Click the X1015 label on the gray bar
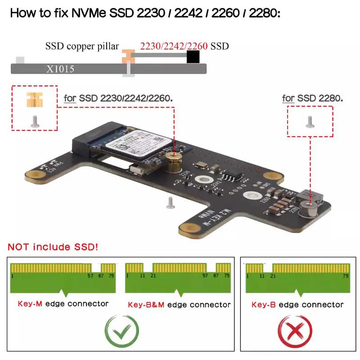[x=60, y=69]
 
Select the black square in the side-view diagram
[x=193, y=57]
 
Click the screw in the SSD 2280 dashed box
[x=310, y=121]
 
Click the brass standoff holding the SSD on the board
[x=173, y=160]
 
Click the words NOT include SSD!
[x=53, y=247]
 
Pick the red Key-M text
[x=30, y=303]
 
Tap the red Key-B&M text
[x=146, y=305]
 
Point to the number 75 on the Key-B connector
[x=346, y=275]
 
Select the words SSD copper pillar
[x=82, y=46]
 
